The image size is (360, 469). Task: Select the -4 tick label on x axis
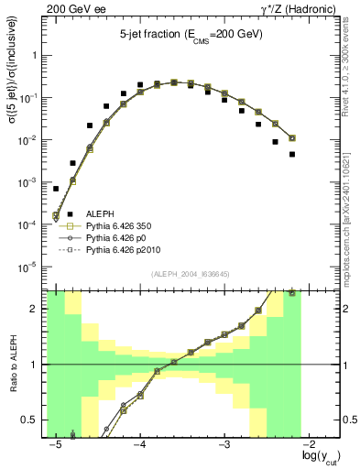pyautogui.click(x=140, y=445)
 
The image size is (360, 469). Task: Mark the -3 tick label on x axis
pyautogui.click(x=225, y=445)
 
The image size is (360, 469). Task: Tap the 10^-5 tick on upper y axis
pyautogui.click(x=29, y=267)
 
